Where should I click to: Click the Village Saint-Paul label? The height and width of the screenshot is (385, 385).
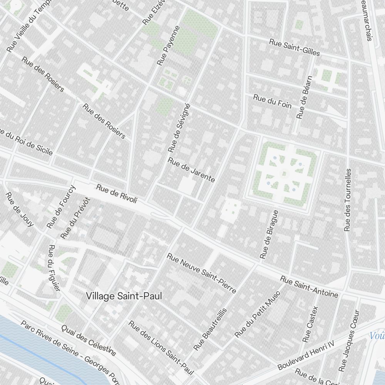(124, 296)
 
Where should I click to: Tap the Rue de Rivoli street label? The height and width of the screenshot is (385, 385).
(116, 194)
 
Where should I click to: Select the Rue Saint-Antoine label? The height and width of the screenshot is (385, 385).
(309, 287)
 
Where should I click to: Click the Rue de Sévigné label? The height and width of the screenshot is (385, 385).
(179, 127)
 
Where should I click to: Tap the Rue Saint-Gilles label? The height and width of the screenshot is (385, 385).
(295, 47)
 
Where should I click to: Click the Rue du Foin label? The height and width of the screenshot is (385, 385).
(272, 101)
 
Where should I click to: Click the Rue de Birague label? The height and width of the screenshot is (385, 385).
(269, 234)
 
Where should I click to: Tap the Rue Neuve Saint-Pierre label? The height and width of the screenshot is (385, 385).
(201, 273)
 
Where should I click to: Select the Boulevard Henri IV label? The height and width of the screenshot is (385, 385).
(307, 355)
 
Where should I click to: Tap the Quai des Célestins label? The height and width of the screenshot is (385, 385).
(89, 339)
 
